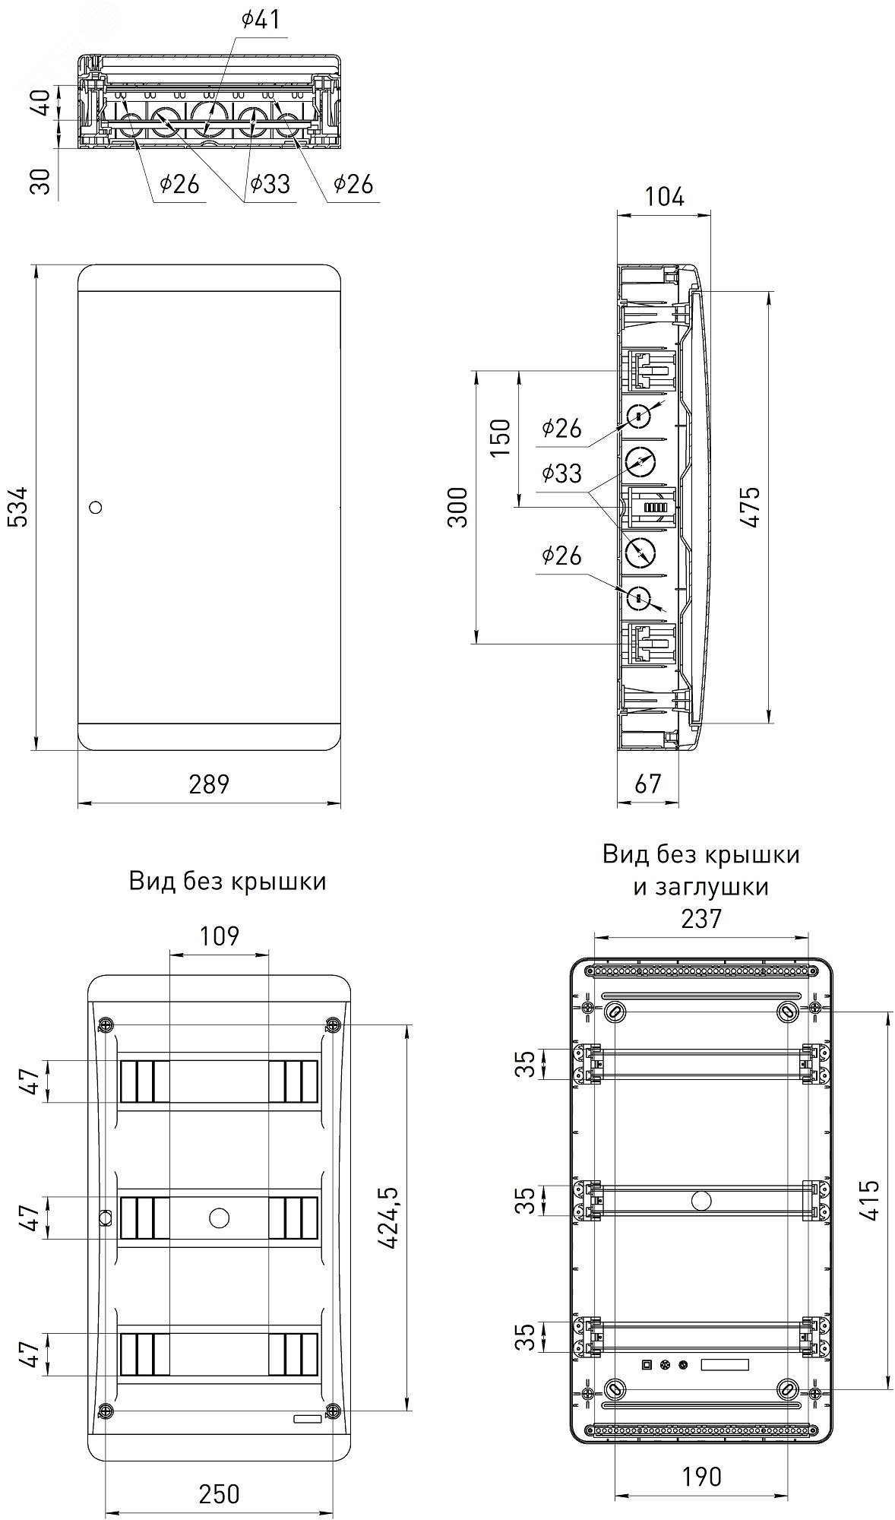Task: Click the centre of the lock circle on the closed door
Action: [x=96, y=507]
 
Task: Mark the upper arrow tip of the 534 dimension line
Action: [x=36, y=264]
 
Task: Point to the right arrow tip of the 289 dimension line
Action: [x=340, y=803]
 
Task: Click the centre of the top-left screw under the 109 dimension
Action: [x=105, y=1025]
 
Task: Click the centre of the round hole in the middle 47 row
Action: [x=218, y=1218]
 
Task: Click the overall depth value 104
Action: [x=664, y=198]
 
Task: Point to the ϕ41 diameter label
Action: [x=261, y=20]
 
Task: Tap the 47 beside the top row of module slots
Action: [x=28, y=1082]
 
